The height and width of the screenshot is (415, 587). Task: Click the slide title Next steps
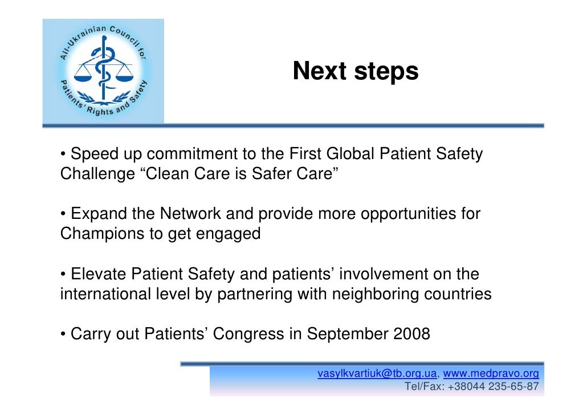click(355, 72)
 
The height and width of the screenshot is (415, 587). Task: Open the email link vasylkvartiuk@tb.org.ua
click(377, 374)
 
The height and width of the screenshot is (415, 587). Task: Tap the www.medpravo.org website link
click(491, 374)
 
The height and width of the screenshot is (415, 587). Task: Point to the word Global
click(347, 154)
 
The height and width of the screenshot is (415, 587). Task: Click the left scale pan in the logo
click(85, 73)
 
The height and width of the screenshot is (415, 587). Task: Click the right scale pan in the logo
click(123, 73)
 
